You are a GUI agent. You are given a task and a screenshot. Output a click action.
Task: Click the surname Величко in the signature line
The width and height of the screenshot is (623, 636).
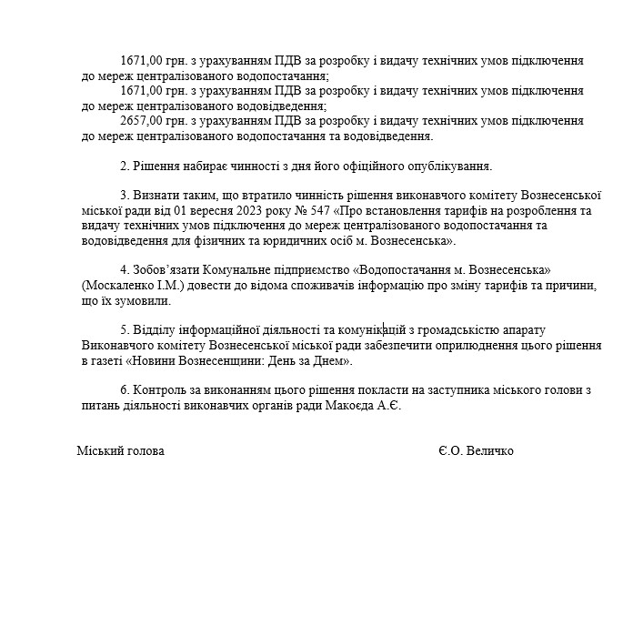[x=492, y=451]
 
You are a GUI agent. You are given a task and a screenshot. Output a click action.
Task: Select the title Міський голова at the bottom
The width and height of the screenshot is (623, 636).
[x=120, y=451]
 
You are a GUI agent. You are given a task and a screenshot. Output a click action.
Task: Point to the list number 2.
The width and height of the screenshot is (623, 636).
[x=124, y=166]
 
